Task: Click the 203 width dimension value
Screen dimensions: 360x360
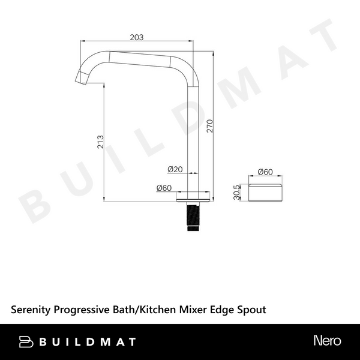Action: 137,38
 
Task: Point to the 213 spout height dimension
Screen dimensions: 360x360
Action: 100,141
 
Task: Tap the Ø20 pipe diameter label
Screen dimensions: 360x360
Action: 175,169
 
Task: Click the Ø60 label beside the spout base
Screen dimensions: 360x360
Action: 164,188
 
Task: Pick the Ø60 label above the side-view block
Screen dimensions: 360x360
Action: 265,172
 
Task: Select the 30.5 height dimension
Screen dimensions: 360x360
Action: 238,193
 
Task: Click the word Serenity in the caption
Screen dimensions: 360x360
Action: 31,310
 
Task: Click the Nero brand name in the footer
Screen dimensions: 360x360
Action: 327,341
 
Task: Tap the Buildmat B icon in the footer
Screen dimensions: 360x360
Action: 26,341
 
